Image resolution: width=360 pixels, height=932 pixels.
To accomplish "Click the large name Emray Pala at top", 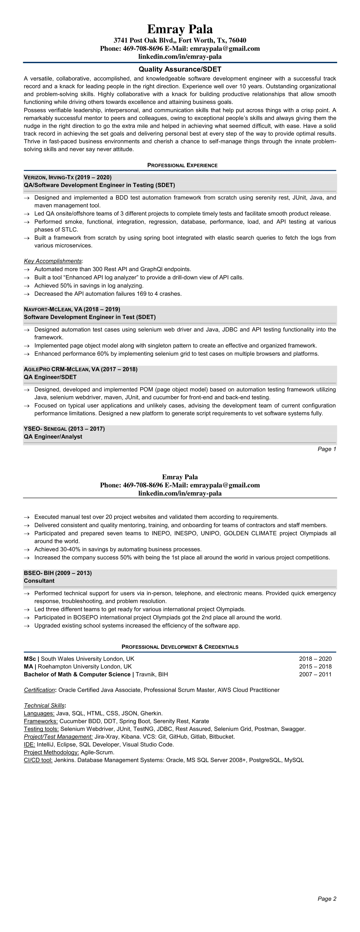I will pyautogui.click(x=180, y=29).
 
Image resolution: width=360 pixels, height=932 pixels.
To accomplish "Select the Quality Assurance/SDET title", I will pyautogui.click(x=180, y=69).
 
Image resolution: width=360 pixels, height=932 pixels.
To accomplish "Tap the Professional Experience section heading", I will pyautogui.click(x=182, y=165).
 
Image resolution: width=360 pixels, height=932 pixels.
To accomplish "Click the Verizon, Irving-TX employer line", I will pyautogui.click(x=68, y=177).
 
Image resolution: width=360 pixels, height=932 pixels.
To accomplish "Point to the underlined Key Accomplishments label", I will pyautogui.click(x=53, y=261).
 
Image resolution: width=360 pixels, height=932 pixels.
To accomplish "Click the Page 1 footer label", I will pyautogui.click(x=327, y=449).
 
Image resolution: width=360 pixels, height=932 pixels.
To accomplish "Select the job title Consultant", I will pyautogui.click(x=39, y=581).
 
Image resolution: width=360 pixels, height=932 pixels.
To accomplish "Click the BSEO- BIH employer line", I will pyautogui.click(x=58, y=573).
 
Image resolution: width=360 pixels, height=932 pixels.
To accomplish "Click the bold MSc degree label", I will pyautogui.click(x=30, y=659).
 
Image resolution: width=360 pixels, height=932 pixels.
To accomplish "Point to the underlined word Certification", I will pyautogui.click(x=39, y=690).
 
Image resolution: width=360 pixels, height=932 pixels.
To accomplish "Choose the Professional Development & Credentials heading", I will pyautogui.click(x=180, y=647).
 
